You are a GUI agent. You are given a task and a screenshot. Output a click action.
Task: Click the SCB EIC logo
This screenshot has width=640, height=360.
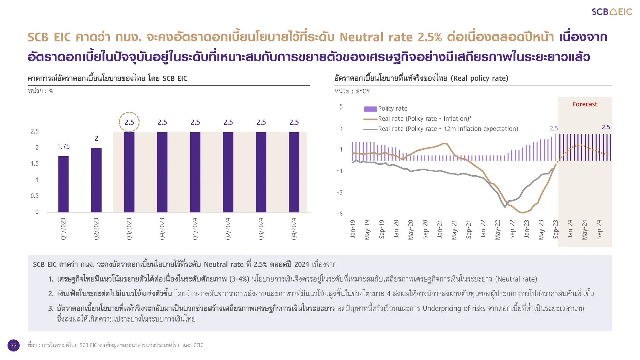tap(612, 12)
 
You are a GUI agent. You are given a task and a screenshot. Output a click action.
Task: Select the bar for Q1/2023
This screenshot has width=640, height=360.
tap(63, 184)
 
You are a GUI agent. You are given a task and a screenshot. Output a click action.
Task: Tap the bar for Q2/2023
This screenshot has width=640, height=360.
tap(96, 180)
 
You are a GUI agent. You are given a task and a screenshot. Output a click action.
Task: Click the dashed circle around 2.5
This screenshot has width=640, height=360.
tap(129, 122)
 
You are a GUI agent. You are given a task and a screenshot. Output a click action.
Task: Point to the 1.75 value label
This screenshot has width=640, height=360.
tap(63, 147)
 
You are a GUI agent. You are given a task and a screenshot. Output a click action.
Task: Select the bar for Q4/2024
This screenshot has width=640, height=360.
tap(294, 172)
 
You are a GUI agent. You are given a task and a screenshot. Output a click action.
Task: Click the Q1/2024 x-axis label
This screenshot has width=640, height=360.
tap(195, 229)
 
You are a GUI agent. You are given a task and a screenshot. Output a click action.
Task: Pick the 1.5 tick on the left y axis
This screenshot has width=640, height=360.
tap(35, 163)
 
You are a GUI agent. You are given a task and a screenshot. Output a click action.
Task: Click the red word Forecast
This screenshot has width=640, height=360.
tap(585, 104)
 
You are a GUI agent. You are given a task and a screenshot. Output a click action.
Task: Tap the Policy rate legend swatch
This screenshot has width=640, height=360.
tap(370, 109)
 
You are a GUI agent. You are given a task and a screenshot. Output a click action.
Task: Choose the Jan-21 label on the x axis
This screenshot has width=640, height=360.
tap(440, 229)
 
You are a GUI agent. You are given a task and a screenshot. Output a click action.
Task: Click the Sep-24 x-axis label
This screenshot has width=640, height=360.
tap(599, 229)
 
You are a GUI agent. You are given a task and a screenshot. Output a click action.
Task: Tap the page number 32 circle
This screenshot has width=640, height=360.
tap(13, 345)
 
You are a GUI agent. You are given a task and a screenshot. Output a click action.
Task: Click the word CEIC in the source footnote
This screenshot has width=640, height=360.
tap(198, 345)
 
